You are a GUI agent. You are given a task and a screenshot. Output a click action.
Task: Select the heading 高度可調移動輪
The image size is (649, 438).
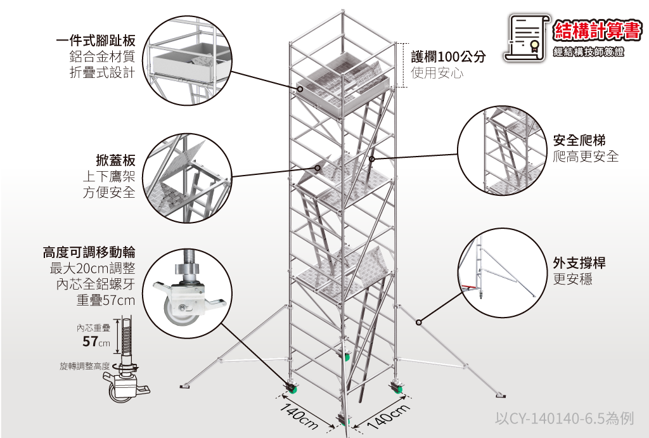[89, 252]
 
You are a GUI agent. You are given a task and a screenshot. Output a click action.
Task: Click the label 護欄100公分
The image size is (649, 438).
[448, 57]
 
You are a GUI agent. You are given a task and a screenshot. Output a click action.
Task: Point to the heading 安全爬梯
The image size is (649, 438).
[579, 140]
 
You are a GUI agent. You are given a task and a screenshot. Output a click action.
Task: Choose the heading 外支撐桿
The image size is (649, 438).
[579, 263]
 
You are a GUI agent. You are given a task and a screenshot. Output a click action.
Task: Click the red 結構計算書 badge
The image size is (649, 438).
[597, 30]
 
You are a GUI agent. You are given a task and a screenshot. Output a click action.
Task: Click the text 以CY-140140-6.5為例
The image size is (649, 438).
[563, 418]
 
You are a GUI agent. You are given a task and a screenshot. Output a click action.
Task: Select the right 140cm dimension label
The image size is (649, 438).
[387, 416]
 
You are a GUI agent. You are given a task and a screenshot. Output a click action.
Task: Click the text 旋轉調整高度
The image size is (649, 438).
[84, 366]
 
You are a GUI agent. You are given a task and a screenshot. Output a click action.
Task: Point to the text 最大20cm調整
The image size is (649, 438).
[93, 268]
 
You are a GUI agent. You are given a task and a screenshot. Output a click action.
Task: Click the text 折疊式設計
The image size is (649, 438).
[102, 73]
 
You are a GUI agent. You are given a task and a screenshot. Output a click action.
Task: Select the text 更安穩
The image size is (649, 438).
[573, 280]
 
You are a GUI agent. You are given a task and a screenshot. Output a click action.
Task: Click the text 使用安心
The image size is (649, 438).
[437, 73]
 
